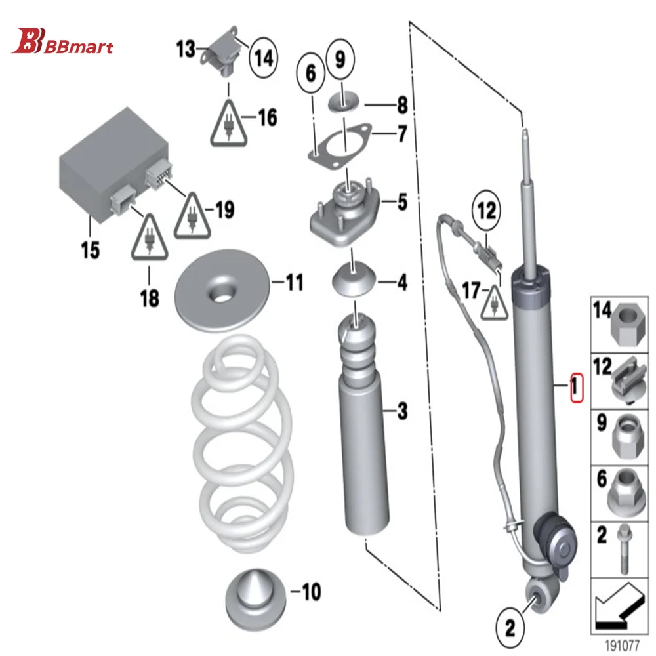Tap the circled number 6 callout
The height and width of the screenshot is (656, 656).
click(x=310, y=75)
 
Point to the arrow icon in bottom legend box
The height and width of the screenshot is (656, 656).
click(x=619, y=605)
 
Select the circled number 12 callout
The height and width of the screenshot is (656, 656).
click(x=487, y=211)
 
